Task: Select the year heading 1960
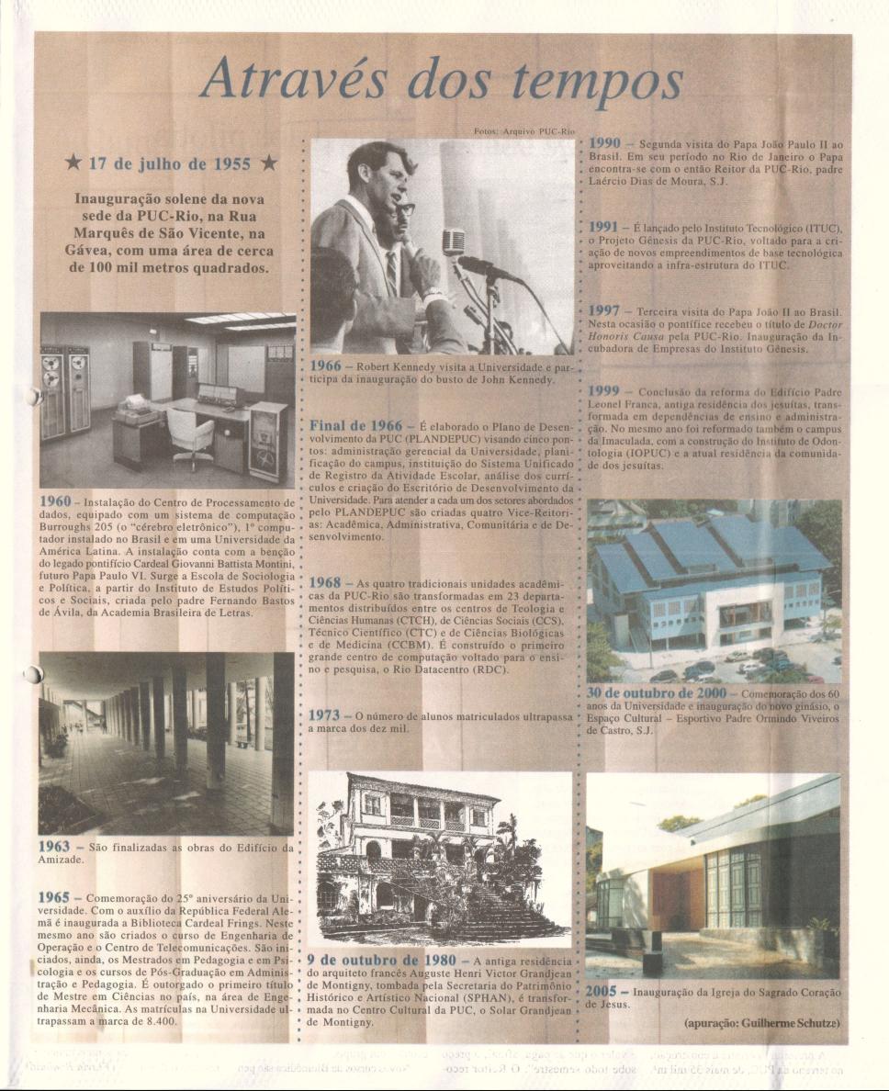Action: point(55,502)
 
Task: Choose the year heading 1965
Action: point(55,895)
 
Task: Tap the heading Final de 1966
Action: point(355,426)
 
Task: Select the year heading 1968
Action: point(326,582)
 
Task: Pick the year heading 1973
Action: point(326,714)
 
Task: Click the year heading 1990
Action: point(605,144)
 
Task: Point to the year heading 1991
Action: point(605,226)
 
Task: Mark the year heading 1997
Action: point(605,310)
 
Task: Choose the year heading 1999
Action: point(605,390)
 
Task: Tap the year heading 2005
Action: point(604,993)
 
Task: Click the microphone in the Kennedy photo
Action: point(453,242)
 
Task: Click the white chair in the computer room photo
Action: point(191,432)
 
